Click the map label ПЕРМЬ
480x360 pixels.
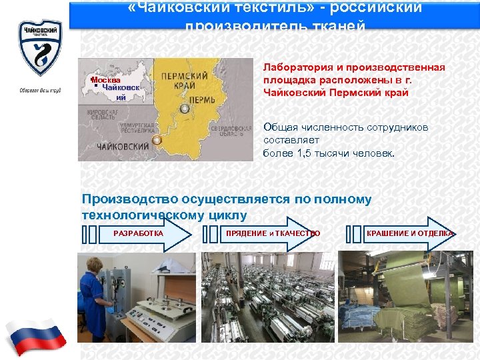[202, 99]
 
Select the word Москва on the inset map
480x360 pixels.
[106, 79]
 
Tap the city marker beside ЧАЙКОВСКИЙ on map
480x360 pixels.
[157, 140]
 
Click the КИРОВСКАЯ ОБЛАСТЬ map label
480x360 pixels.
[102, 114]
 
